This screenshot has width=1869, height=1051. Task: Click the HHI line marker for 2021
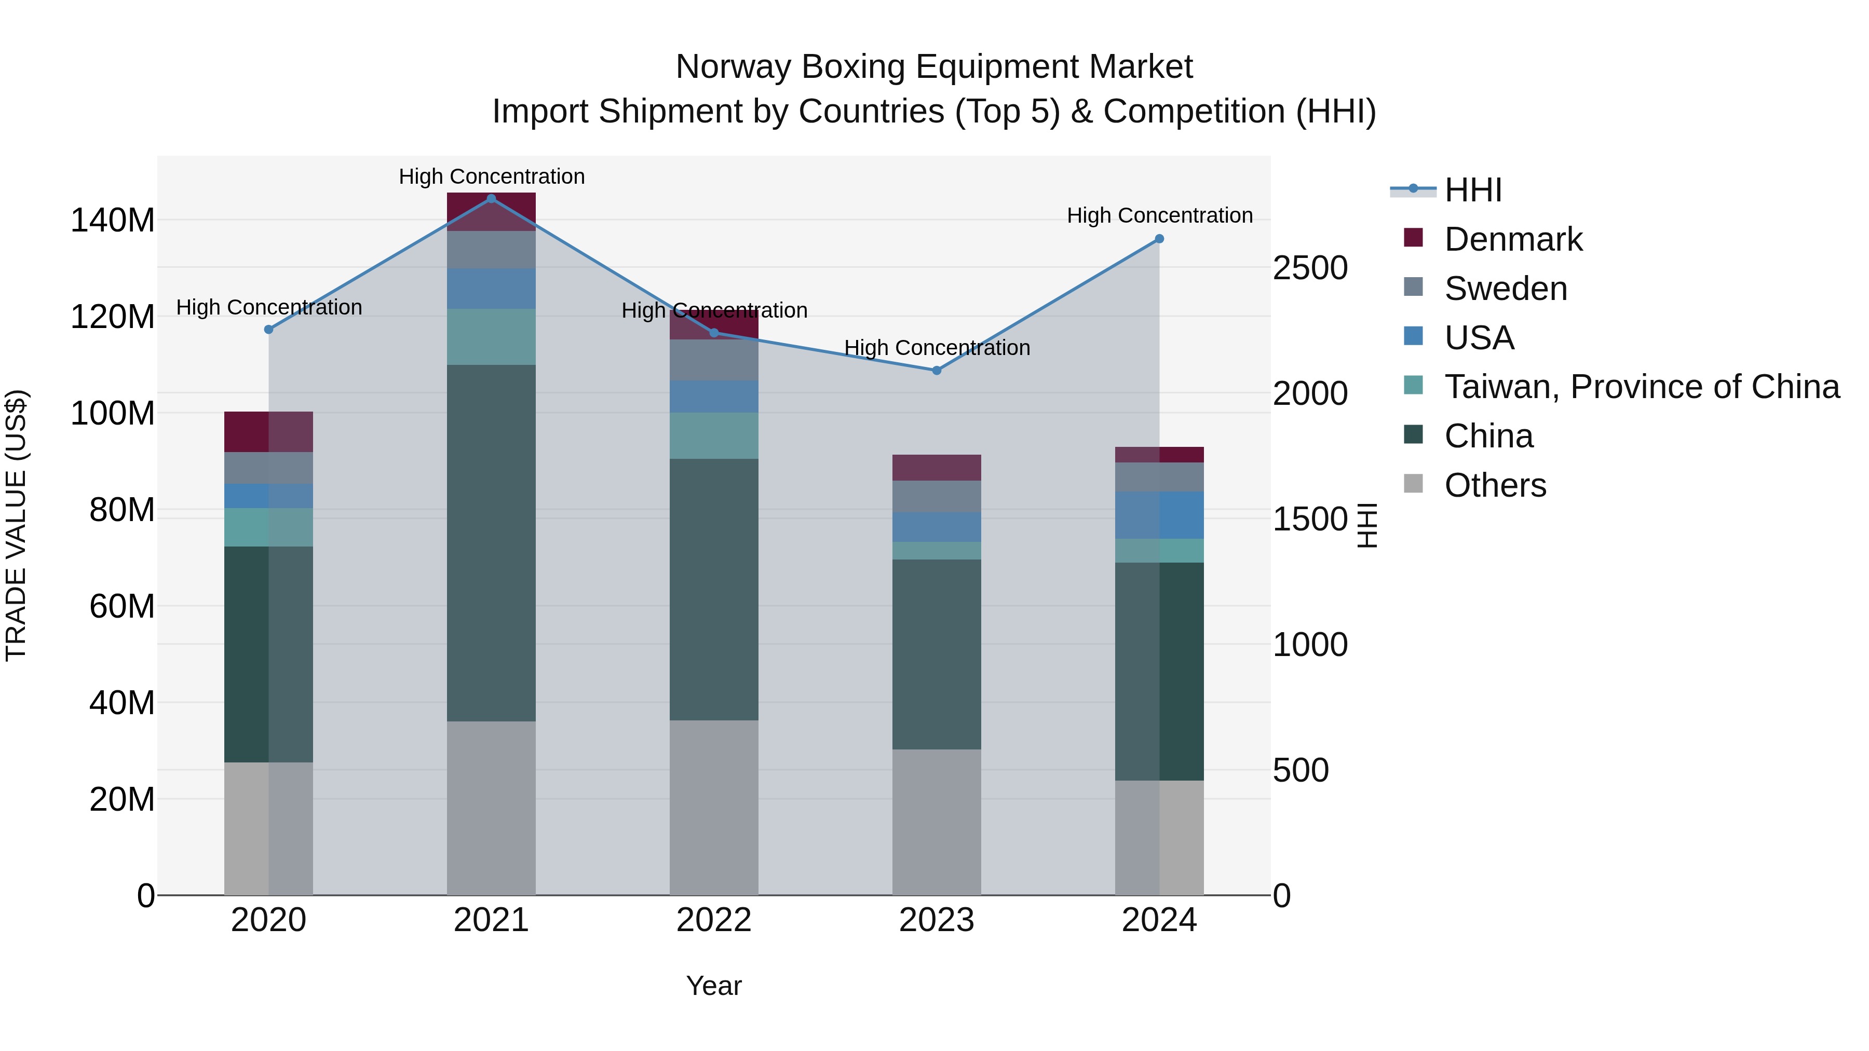tap(491, 199)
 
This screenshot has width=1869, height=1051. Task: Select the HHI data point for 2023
tap(936, 371)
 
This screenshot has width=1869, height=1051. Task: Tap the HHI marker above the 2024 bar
tap(1159, 239)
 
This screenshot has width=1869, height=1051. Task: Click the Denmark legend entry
tap(1513, 239)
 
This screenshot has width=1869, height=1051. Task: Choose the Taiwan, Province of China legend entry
tap(1641, 387)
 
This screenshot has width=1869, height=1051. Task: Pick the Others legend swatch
tap(1413, 484)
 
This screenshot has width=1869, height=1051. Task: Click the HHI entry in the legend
tap(1472, 190)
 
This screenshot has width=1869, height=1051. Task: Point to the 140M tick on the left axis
tap(113, 220)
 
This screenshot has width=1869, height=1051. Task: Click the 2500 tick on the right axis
tap(1310, 268)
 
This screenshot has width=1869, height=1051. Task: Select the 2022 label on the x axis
tap(713, 920)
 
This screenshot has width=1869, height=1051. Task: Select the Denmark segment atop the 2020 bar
tap(268, 432)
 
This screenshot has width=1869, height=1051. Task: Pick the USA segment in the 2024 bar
tap(1159, 515)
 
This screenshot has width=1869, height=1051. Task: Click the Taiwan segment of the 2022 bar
tap(713, 435)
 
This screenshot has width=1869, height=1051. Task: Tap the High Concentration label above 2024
tap(1159, 215)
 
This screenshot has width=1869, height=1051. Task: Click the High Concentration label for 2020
tap(268, 308)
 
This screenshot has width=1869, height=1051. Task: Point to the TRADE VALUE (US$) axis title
tap(17, 525)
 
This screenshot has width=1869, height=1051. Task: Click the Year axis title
tap(713, 986)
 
